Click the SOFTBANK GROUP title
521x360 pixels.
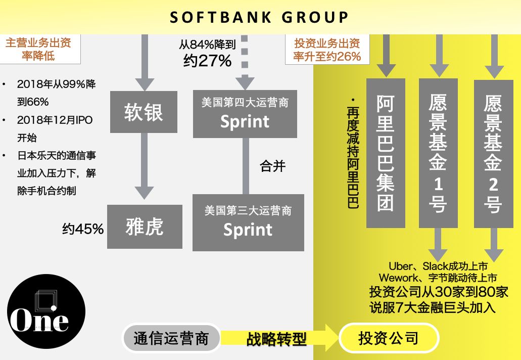(x=259, y=17)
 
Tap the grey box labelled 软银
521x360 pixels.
(x=144, y=112)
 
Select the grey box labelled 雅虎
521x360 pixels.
(x=145, y=227)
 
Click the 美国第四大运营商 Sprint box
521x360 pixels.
(x=245, y=114)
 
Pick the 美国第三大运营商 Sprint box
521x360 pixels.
(x=248, y=222)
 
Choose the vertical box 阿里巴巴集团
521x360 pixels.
(x=386, y=153)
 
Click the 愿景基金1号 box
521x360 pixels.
(x=438, y=153)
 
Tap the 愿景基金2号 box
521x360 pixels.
(x=493, y=154)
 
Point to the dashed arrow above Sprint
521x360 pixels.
(x=245, y=62)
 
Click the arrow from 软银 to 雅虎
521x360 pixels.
(x=144, y=166)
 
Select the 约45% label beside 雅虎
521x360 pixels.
(x=83, y=229)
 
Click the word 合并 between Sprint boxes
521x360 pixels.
(x=272, y=166)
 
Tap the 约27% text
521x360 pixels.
(x=207, y=61)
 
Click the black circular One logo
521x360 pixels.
(x=46, y=311)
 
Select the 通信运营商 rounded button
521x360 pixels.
(x=171, y=338)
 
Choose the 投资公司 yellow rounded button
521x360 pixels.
(x=389, y=338)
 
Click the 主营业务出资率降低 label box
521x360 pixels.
(x=40, y=49)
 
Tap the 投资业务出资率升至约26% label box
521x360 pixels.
(x=327, y=50)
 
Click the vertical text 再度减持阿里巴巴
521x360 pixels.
(x=353, y=153)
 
